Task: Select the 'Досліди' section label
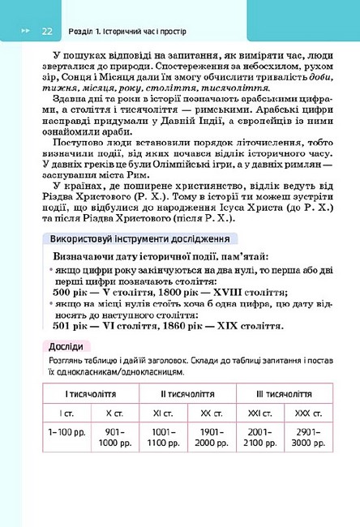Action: point(65,347)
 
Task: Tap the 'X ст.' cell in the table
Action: point(114,413)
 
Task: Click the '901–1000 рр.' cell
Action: point(114,439)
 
